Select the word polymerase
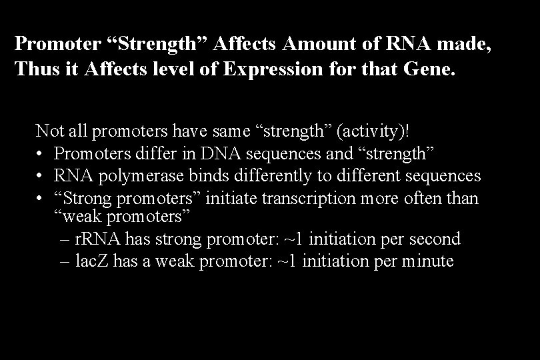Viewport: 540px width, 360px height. tap(135, 176)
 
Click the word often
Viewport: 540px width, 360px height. tap(417, 199)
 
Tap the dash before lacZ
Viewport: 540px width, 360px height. tap(63, 261)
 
